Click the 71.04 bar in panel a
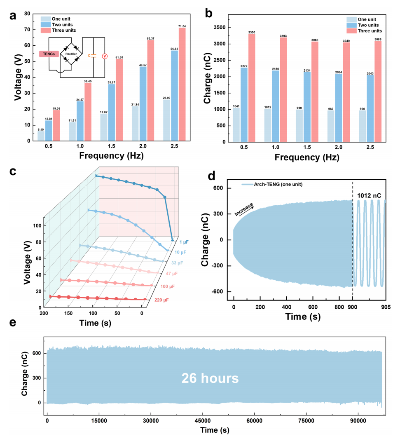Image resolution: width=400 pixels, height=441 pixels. point(182,84)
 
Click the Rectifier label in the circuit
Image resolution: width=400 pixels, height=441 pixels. point(73,54)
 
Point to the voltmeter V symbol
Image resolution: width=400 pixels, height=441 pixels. point(105,56)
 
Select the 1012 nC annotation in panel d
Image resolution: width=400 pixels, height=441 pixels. point(370,191)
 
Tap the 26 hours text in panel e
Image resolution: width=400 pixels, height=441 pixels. point(211,378)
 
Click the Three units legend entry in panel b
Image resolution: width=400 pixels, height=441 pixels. point(369,30)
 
